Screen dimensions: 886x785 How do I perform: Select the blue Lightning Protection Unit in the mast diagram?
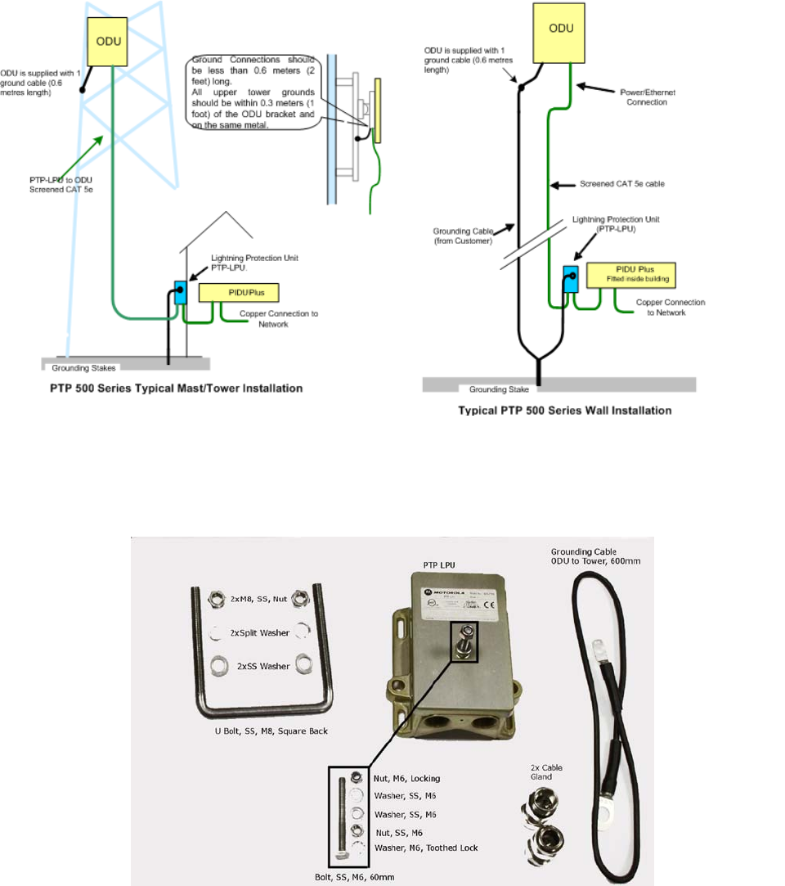180,291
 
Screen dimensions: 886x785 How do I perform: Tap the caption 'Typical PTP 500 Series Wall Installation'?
565,411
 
